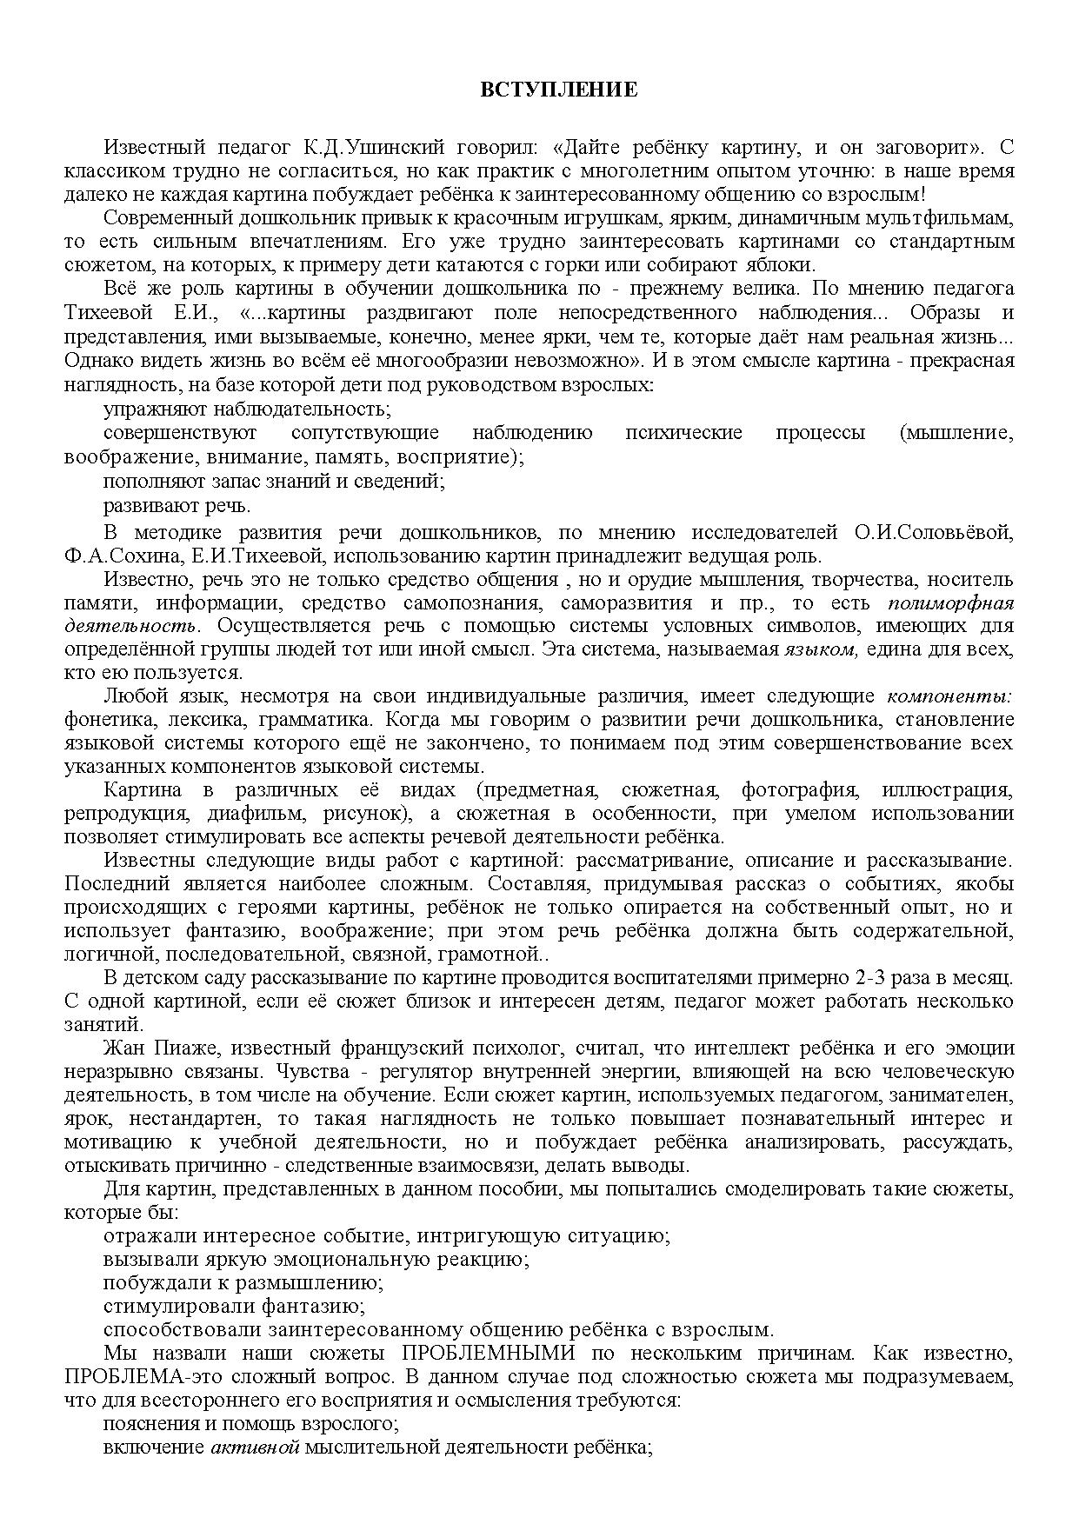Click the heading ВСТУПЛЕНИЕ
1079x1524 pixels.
559,90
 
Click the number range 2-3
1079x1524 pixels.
891,977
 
